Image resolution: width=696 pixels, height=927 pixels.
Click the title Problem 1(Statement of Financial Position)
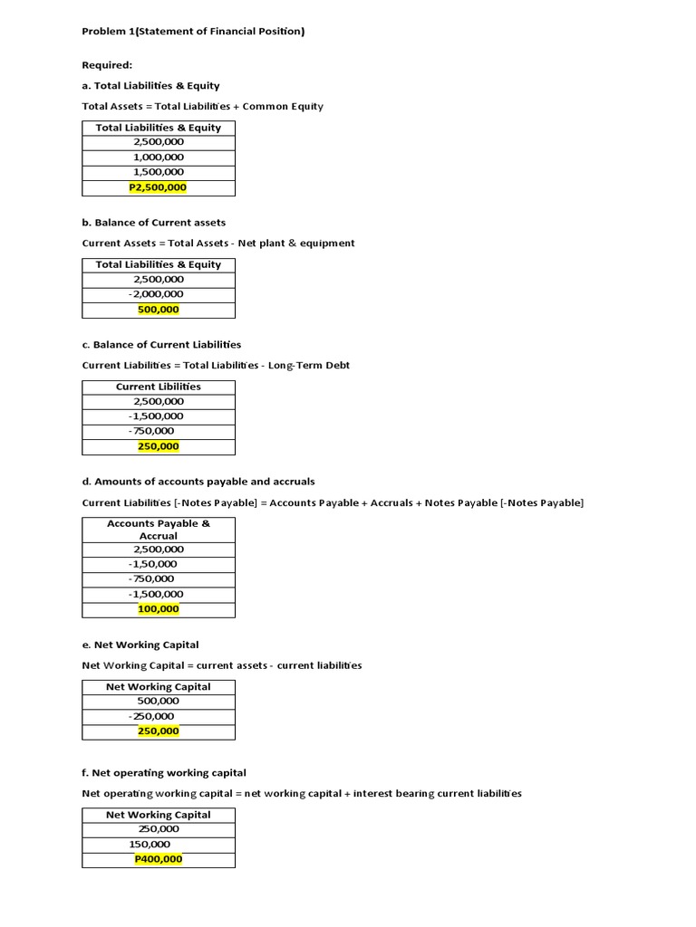pos(193,32)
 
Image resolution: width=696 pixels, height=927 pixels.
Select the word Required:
pos(107,65)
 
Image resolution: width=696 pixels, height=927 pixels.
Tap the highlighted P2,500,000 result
pos(159,187)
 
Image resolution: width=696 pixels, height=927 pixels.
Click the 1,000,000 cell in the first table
pos(159,158)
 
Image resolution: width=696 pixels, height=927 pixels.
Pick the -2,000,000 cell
pos(156,294)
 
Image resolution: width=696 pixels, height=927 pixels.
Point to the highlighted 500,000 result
pos(159,310)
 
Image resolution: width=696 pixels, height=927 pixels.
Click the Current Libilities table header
pos(159,387)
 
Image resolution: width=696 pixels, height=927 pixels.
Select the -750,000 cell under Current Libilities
pos(152,431)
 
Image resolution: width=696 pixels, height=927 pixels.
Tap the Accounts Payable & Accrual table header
pos(159,530)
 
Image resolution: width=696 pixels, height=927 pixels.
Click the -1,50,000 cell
pos(153,564)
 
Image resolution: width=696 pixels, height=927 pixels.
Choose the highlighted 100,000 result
pos(159,609)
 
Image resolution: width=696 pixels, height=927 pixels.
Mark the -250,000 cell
pos(152,716)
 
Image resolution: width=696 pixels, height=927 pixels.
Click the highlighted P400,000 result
pos(159,859)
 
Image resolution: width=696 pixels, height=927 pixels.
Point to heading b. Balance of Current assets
pos(154,223)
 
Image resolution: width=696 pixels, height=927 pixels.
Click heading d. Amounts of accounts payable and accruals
pos(198,482)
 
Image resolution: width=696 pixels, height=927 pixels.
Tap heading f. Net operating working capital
pos(164,773)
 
